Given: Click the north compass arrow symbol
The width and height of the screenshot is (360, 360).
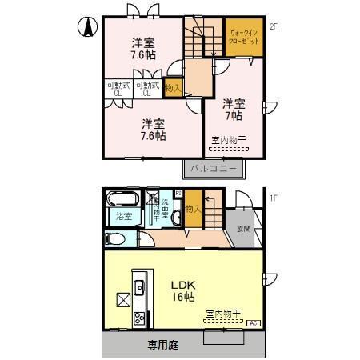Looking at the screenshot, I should (x=86, y=26).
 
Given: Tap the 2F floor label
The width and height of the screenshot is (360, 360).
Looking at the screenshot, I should (x=273, y=27).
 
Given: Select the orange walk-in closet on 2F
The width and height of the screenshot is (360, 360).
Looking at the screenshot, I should (x=242, y=38).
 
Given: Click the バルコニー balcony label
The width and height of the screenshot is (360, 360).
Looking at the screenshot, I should (x=214, y=170).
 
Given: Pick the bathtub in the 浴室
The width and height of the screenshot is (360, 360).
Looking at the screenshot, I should (x=124, y=200).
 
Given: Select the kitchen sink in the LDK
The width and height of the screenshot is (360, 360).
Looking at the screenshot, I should (x=138, y=286).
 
